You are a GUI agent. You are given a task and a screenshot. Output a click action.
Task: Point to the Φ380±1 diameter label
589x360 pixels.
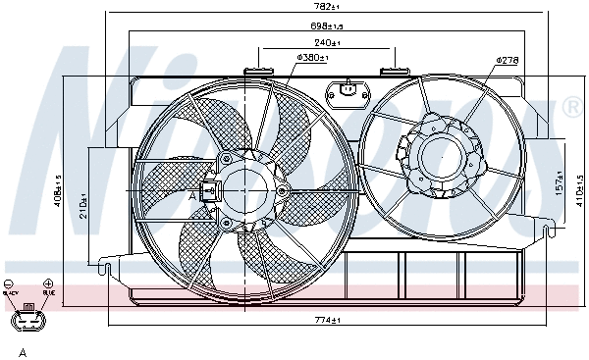pyautogui.click(x=311, y=59)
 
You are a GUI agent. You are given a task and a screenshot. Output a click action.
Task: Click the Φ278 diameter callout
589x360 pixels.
pyautogui.click(x=507, y=60)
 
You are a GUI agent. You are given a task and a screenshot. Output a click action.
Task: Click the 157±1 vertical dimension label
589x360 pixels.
pyautogui.click(x=532, y=183)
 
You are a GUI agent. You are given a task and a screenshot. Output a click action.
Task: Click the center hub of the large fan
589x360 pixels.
pyautogui.click(x=241, y=187)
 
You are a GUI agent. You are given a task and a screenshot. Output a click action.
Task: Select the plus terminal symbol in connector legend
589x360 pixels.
pyautogui.click(x=48, y=283)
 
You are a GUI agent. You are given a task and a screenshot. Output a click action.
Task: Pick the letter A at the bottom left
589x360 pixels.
pyautogui.click(x=21, y=350)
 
